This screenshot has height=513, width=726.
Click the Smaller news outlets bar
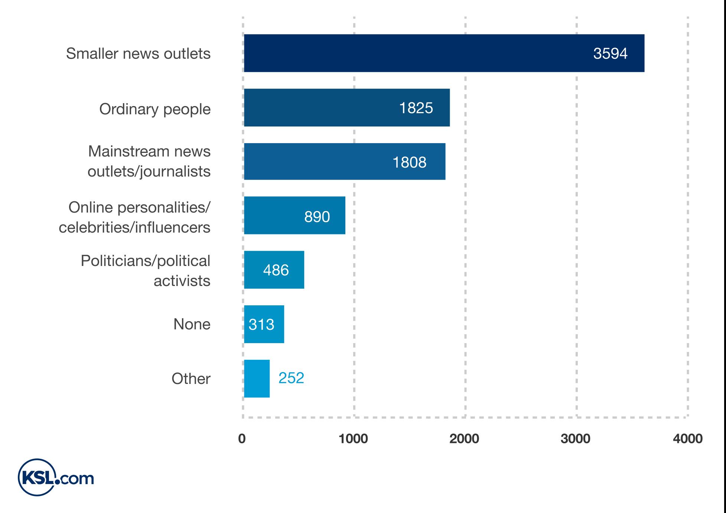444,53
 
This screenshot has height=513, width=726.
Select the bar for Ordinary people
346,108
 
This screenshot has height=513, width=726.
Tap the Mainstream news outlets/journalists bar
344,162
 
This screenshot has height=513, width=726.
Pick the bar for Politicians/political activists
274,270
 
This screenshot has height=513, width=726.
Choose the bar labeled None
264,324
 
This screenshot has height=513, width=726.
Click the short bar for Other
257,378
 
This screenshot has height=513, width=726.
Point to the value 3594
610,54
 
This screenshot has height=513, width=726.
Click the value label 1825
416,108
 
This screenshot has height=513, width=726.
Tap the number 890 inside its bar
317,217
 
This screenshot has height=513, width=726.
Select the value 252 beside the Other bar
291,378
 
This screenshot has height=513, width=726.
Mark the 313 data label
261,325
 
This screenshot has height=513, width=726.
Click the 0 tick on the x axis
242,439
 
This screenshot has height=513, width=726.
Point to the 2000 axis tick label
464,439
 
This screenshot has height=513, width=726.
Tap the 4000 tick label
687,439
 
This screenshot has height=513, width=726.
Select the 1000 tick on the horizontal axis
353,439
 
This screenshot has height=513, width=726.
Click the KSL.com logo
56,477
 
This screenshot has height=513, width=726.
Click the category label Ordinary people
154,109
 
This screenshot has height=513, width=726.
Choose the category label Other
191,379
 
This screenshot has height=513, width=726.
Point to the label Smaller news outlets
138,54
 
